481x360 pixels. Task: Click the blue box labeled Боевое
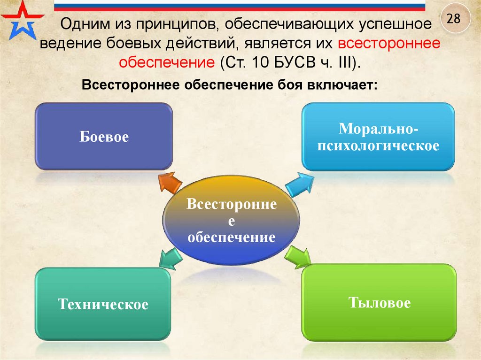104,137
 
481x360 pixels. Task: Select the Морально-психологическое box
378,137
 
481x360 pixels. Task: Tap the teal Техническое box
103,304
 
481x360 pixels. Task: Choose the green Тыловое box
379,302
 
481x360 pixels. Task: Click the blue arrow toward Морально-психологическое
299,184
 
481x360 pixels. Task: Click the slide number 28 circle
453,18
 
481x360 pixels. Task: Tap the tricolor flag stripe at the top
240,6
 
